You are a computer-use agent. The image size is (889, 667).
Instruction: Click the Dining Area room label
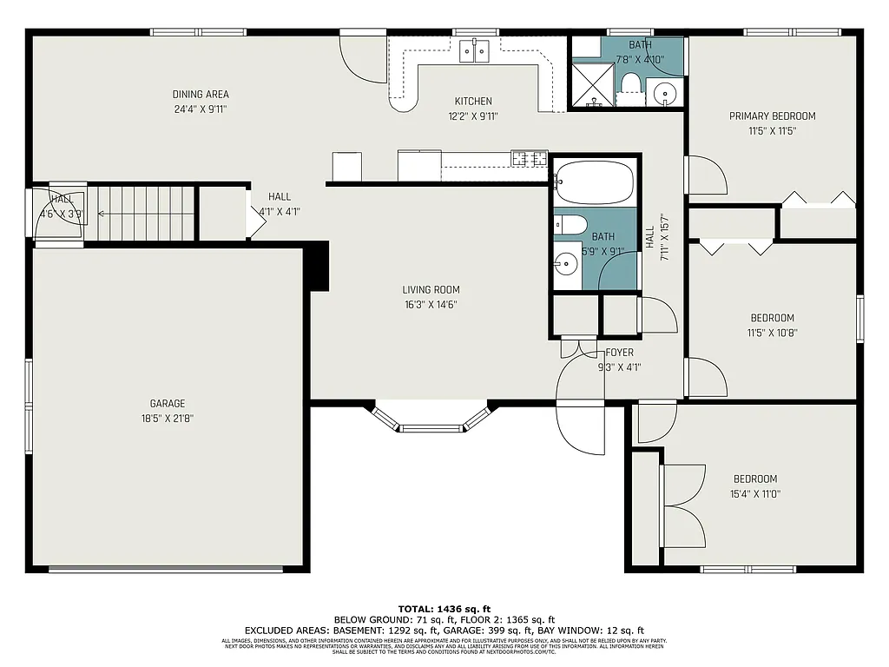[201, 95]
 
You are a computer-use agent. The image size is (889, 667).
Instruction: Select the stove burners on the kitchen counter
[529, 158]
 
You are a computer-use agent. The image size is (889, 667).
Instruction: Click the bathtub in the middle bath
[595, 182]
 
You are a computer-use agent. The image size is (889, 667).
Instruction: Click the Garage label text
[168, 404]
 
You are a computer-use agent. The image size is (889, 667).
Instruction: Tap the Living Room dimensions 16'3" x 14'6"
[431, 305]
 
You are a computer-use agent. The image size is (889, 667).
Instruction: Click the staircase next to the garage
[143, 214]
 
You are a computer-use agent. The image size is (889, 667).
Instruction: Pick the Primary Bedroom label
[772, 116]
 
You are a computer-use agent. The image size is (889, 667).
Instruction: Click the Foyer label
[619, 353]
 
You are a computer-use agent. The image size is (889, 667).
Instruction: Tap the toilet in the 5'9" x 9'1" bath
[570, 224]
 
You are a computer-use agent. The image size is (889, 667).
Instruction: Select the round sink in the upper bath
[665, 92]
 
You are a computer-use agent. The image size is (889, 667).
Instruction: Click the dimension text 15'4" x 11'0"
[754, 493]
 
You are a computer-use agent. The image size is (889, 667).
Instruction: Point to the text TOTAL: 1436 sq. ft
[444, 609]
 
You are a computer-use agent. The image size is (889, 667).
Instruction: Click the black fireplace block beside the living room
[319, 266]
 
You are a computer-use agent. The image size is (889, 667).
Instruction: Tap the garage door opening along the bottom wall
[165, 570]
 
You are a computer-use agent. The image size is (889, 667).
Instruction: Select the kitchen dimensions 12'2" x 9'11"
[473, 116]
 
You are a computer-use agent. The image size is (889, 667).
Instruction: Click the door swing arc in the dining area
[363, 59]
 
